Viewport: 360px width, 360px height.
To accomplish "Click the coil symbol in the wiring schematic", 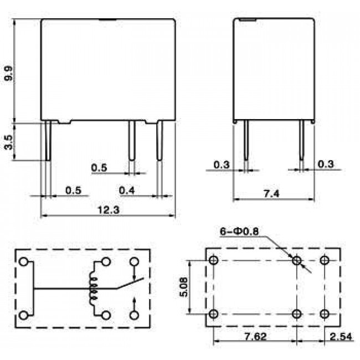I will [x=94, y=288].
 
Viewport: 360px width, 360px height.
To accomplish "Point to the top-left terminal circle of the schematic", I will [x=24, y=262].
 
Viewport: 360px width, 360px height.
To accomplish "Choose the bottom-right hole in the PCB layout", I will [x=326, y=314].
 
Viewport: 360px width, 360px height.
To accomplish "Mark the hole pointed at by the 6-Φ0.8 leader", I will [x=297, y=260].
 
